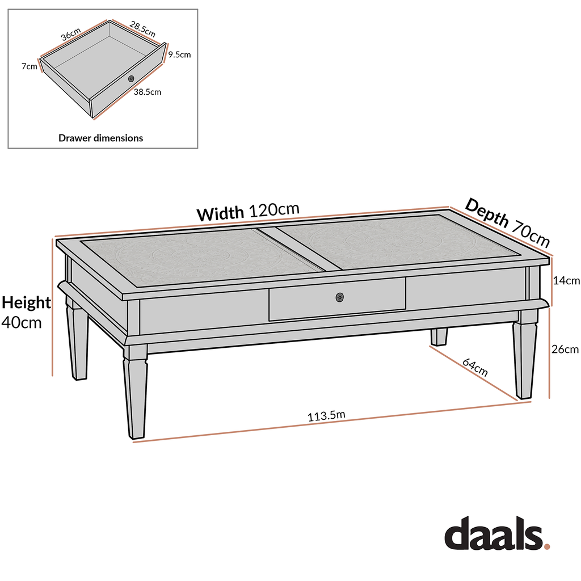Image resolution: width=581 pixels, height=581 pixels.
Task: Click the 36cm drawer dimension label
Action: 71,34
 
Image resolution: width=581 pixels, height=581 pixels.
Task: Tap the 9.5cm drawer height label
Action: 179,55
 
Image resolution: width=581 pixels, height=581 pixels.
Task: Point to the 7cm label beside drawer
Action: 30,66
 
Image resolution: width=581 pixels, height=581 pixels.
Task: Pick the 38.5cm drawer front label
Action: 148,91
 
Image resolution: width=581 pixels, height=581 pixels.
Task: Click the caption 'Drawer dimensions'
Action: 101,138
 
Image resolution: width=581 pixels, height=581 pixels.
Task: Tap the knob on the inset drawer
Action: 131,78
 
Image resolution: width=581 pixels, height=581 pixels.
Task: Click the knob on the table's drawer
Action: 340,297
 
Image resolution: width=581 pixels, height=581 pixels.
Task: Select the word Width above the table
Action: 221,214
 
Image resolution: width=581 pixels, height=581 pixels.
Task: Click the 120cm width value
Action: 274,210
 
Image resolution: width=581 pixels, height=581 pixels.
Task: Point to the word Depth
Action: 487,214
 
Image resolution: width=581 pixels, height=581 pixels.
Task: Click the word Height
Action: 26,302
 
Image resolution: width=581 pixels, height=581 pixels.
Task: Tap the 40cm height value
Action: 22,322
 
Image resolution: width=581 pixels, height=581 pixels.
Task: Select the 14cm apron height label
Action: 566,280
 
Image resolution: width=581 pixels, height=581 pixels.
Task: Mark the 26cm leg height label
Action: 565,350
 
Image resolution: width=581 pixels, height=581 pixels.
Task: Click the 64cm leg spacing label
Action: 475,368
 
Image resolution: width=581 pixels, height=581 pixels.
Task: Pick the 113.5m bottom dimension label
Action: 326,416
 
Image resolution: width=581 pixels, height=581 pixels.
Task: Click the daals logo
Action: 496,534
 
